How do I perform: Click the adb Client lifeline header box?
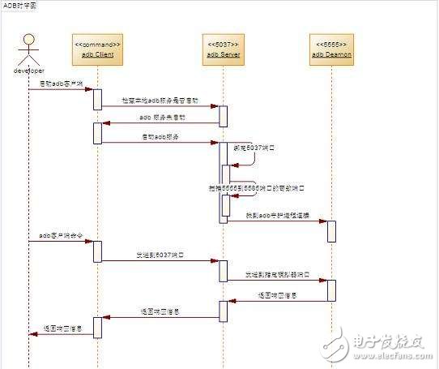(97, 49)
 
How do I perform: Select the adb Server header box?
(222, 49)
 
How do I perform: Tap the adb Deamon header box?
(331, 49)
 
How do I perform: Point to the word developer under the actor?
(30, 71)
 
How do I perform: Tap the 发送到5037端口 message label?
(160, 255)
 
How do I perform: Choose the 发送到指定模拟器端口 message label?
(277, 275)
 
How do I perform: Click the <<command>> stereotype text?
(97, 43)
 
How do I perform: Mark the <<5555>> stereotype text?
(331, 43)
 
